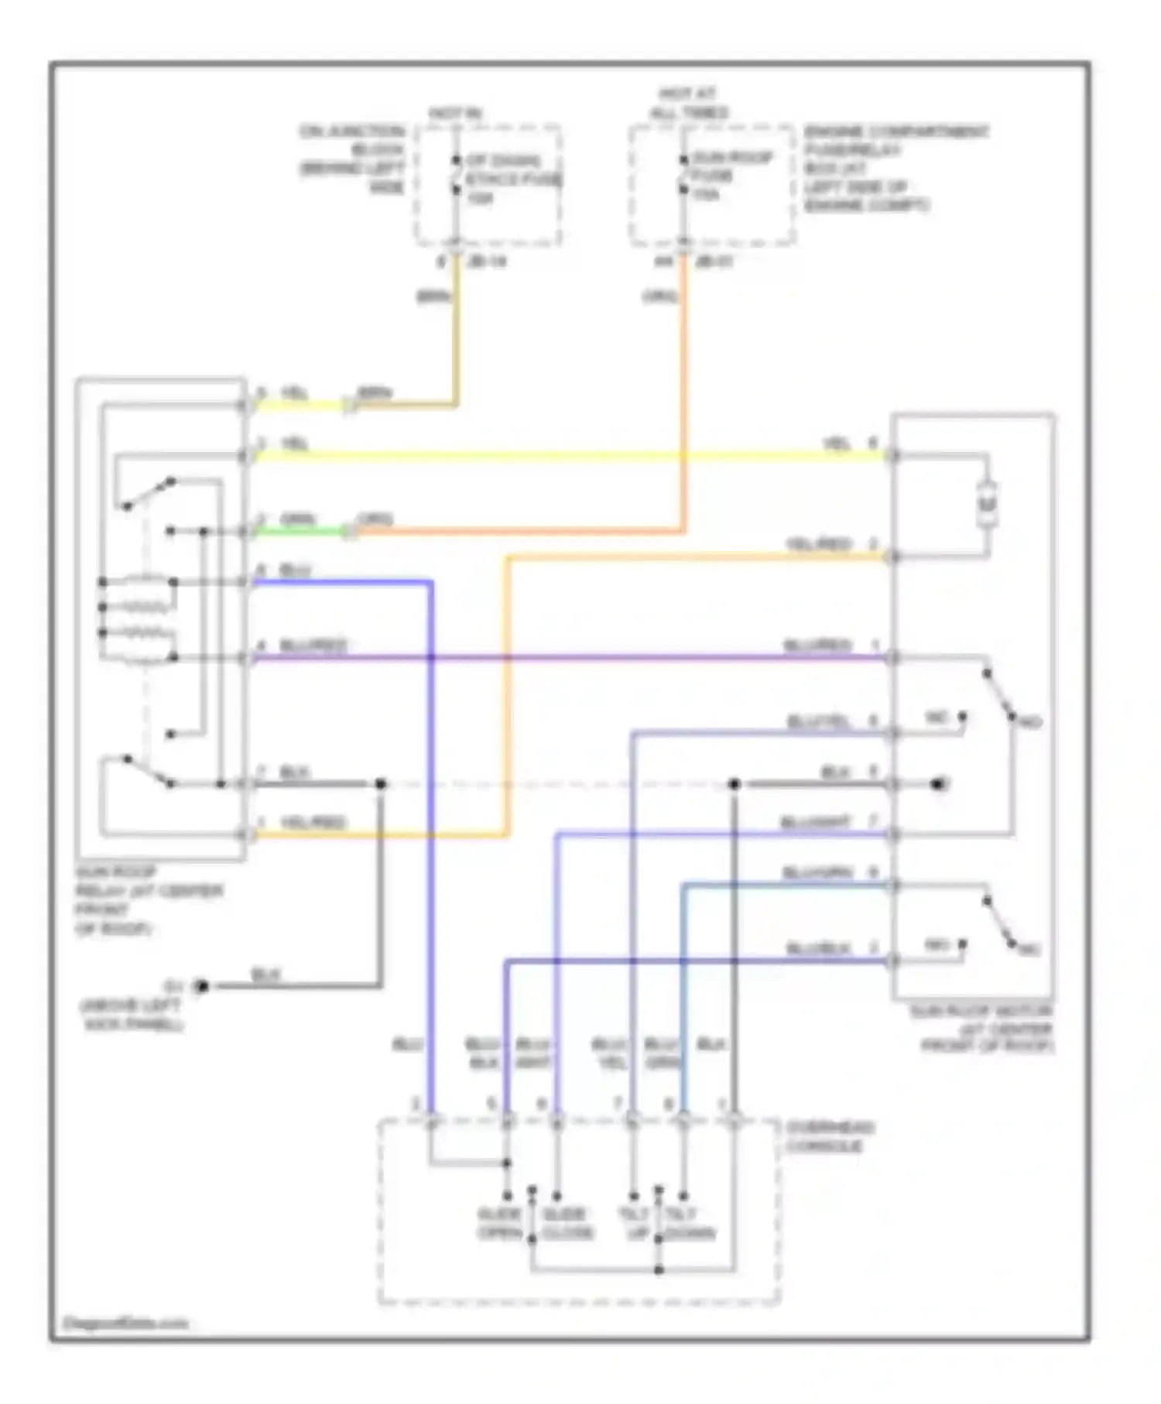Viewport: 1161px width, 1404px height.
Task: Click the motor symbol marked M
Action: click(x=987, y=505)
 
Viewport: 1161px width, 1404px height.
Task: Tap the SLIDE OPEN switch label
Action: click(x=498, y=1224)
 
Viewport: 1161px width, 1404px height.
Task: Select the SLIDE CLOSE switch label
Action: click(x=567, y=1224)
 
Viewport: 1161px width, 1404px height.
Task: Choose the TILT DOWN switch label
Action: click(x=688, y=1224)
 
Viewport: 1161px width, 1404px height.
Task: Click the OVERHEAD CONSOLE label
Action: click(x=829, y=1136)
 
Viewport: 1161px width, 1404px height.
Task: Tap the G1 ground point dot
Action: click(x=202, y=986)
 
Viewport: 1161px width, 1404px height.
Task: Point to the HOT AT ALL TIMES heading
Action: click(x=688, y=104)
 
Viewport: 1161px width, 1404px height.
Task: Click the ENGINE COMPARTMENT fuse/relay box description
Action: click(x=895, y=169)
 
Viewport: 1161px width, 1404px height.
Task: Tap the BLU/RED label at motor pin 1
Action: click(x=817, y=645)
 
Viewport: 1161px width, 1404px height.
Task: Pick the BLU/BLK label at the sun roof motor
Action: click(x=818, y=948)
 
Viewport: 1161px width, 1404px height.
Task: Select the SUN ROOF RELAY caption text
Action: click(x=147, y=900)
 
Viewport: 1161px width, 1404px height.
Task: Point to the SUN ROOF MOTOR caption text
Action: click(x=981, y=1029)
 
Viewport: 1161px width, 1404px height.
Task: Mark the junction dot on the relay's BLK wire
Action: click(x=380, y=784)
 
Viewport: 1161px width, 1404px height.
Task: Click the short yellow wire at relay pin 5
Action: click(x=298, y=405)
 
